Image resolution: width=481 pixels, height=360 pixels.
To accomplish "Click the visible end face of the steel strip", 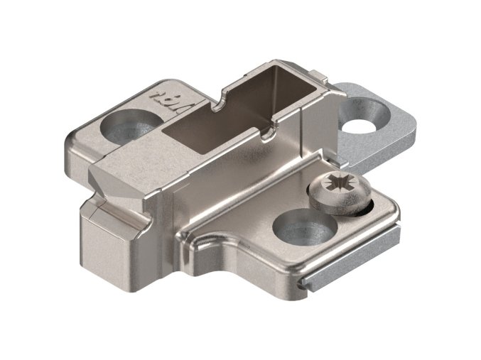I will [x=307, y=283].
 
